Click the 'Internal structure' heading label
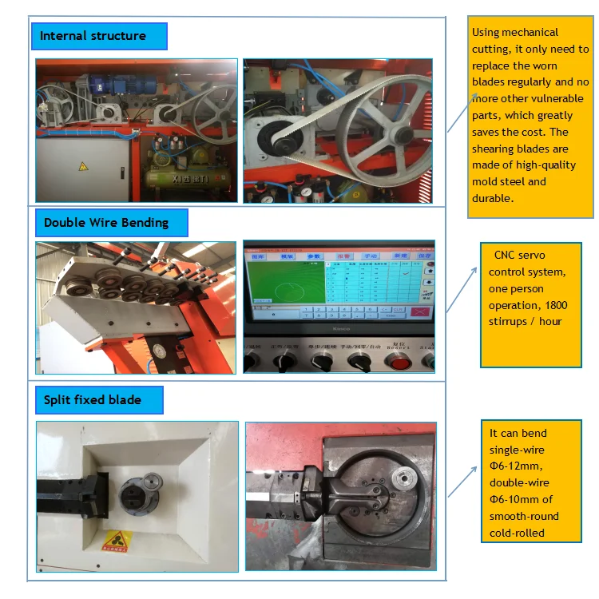pyautogui.click(x=93, y=36)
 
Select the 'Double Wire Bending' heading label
pyautogui.click(x=106, y=223)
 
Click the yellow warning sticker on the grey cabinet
pyautogui.click(x=82, y=166)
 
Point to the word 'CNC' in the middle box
pyautogui.click(x=505, y=256)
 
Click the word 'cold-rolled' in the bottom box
pyautogui.click(x=517, y=533)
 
